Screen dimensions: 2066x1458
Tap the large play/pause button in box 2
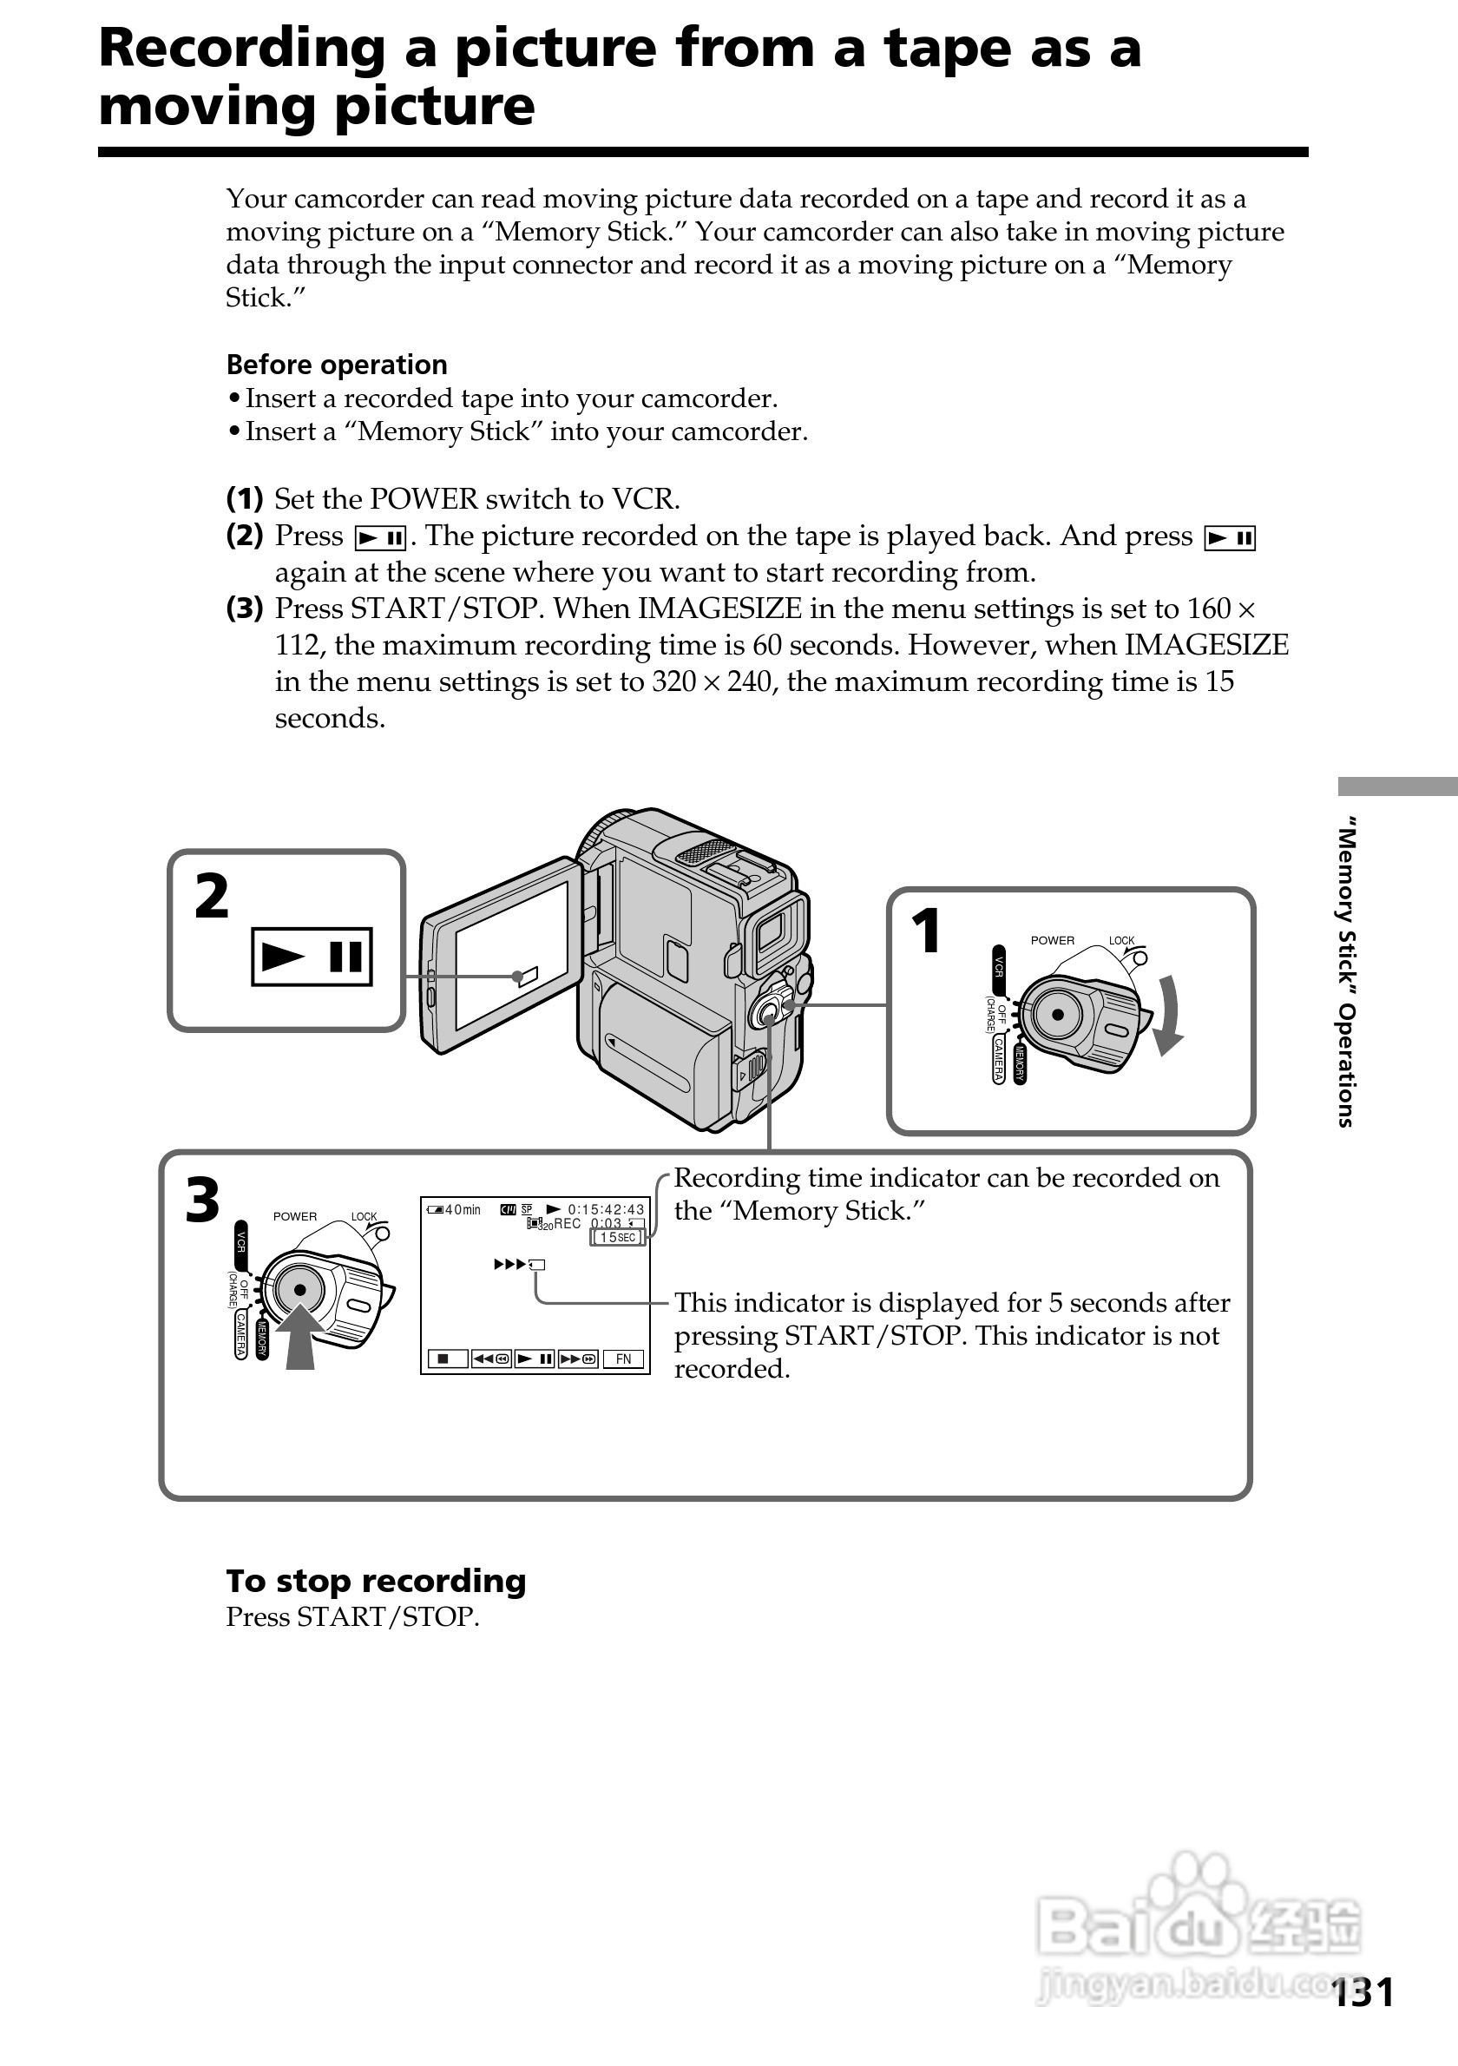[x=312, y=957]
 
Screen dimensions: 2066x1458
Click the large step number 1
[x=925, y=931]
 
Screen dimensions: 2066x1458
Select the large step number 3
[x=202, y=1201]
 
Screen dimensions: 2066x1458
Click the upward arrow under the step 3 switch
[x=299, y=1335]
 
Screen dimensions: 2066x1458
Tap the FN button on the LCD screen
[x=623, y=1359]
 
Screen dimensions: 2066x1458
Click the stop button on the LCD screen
[x=443, y=1359]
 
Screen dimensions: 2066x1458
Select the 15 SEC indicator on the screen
[x=617, y=1237]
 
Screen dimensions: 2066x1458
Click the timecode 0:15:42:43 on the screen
[x=605, y=1209]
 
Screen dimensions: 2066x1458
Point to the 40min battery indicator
[x=454, y=1209]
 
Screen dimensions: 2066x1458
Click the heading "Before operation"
[x=337, y=365]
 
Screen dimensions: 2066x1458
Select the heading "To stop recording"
[x=376, y=1580]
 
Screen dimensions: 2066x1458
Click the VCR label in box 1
[x=998, y=966]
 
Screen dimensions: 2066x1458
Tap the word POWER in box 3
[x=295, y=1216]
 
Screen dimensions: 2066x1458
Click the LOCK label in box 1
[x=1121, y=940]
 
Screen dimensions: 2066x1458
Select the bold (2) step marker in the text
[x=244, y=536]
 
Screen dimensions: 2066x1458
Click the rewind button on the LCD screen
[x=491, y=1359]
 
